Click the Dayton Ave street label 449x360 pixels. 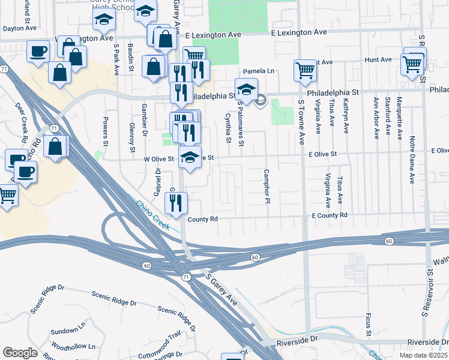[x=17, y=28]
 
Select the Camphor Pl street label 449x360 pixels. [x=265, y=187]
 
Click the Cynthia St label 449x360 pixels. [x=228, y=128]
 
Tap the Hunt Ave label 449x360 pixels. [x=378, y=60]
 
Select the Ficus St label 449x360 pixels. [x=367, y=324]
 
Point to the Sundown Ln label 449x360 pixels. [x=64, y=331]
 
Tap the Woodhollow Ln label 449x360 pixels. [x=74, y=346]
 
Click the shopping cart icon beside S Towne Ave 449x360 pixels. [x=305, y=70]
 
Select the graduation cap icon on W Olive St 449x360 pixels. [x=190, y=158]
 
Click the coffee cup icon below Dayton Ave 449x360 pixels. [x=38, y=51]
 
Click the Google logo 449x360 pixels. [x=20, y=352]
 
